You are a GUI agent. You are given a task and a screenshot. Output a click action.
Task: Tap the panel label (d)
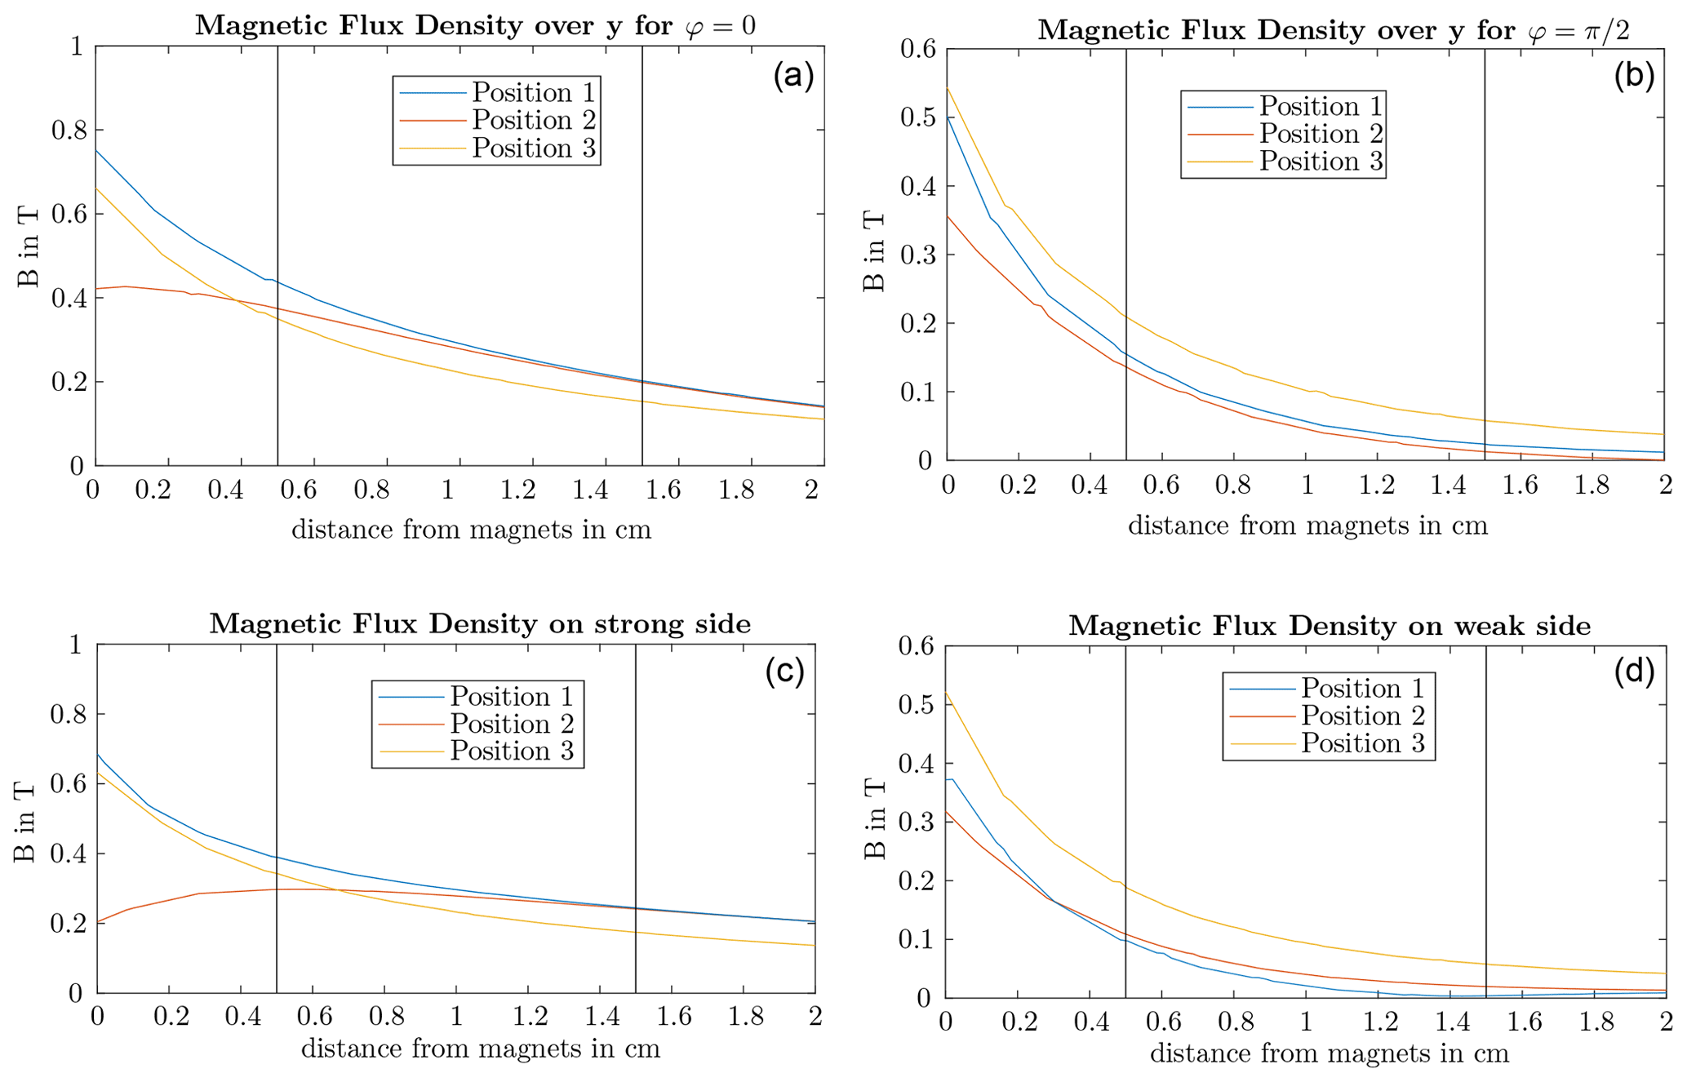click(1634, 671)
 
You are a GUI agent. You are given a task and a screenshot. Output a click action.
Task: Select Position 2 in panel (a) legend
click(534, 120)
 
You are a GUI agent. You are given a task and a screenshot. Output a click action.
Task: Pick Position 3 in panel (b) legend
click(1321, 161)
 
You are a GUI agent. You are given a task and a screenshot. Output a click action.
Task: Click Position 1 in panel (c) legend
click(512, 696)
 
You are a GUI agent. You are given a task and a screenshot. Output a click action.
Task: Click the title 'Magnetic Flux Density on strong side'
click(480, 623)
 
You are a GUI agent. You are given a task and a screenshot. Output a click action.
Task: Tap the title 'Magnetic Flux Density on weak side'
click(1330, 626)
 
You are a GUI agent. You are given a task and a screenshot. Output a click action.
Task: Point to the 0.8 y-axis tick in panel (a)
click(67, 130)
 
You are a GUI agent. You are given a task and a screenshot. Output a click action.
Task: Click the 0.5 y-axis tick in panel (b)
click(917, 118)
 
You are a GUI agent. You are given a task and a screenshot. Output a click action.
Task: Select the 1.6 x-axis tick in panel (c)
click(673, 1016)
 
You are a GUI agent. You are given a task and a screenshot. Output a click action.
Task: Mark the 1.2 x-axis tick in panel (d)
click(1378, 1022)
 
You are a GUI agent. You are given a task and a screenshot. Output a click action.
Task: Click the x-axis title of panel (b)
click(1307, 525)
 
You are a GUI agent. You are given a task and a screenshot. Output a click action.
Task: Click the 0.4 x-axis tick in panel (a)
click(225, 490)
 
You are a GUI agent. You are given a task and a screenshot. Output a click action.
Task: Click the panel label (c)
click(784, 671)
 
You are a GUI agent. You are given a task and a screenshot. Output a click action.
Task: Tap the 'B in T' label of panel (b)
click(873, 251)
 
